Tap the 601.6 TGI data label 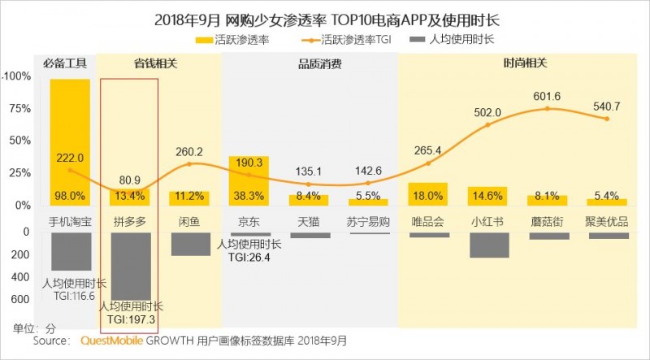[x=547, y=97]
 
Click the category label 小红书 [x=487, y=221]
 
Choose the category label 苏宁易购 [x=368, y=221]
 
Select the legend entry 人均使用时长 [x=461, y=38]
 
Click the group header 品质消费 [x=309, y=62]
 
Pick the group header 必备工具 [x=70, y=62]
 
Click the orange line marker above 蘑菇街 [x=548, y=108]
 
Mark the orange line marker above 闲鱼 [x=189, y=164]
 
